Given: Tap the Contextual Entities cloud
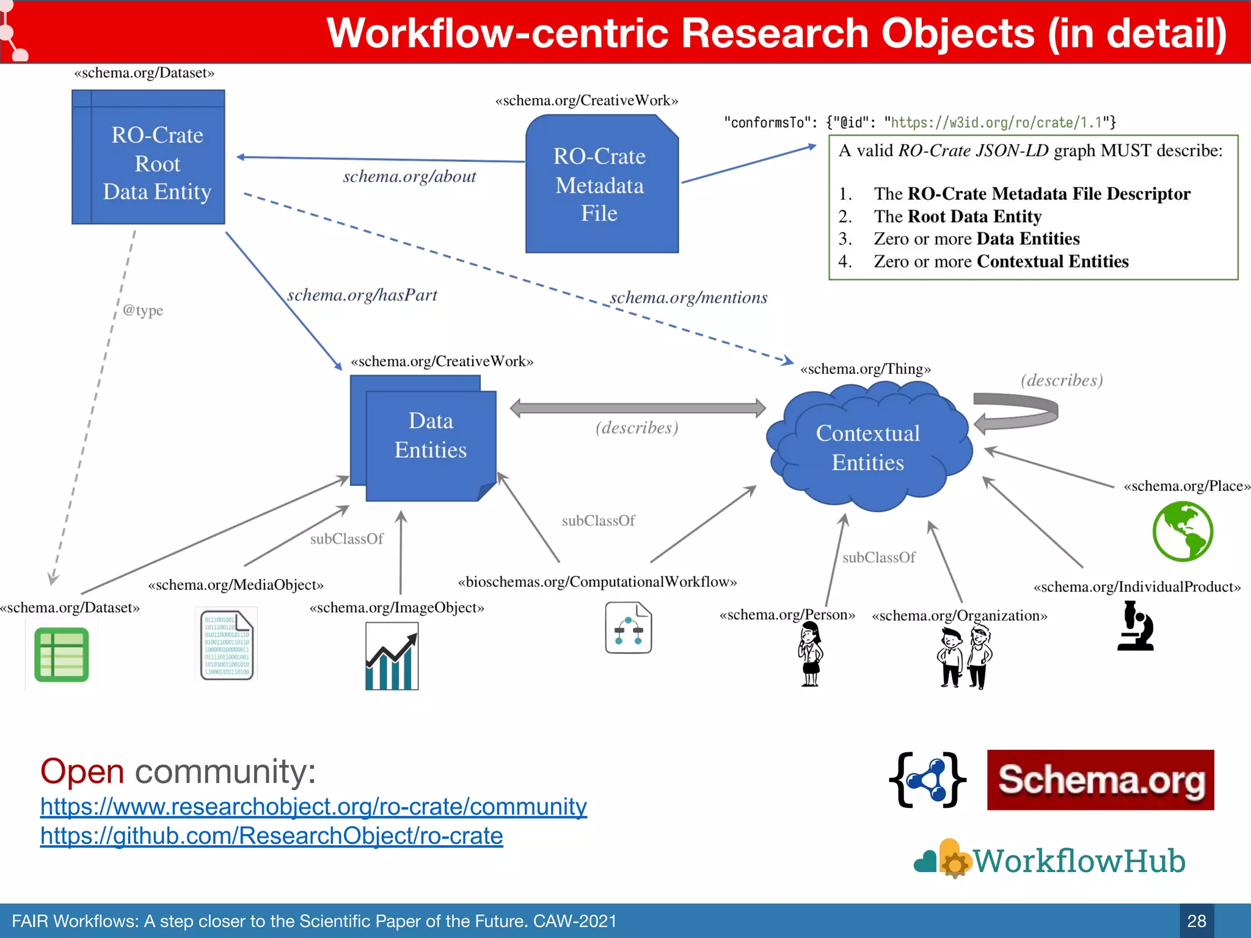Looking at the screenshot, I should (x=868, y=447).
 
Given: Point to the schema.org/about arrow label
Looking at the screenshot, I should (x=409, y=177).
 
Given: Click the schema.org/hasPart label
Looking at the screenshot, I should (x=362, y=296).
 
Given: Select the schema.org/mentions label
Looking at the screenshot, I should (x=688, y=298).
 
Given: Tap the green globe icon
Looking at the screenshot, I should (x=1183, y=531).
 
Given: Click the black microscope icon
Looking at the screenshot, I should (x=1136, y=626).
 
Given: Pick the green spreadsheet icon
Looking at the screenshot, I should (x=62, y=655).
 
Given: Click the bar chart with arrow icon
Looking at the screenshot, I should (x=392, y=656).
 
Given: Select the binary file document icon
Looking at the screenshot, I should (x=227, y=645).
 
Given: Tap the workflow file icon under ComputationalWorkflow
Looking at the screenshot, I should (x=628, y=628).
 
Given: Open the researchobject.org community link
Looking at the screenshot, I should (x=313, y=807).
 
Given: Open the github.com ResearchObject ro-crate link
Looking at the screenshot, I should (x=271, y=836).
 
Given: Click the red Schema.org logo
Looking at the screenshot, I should (x=1100, y=780).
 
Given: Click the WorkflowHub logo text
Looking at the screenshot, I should (x=1078, y=861).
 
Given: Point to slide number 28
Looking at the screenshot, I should (x=1196, y=921).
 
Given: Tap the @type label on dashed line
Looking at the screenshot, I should (x=143, y=310).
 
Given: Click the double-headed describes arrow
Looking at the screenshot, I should (x=637, y=408).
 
